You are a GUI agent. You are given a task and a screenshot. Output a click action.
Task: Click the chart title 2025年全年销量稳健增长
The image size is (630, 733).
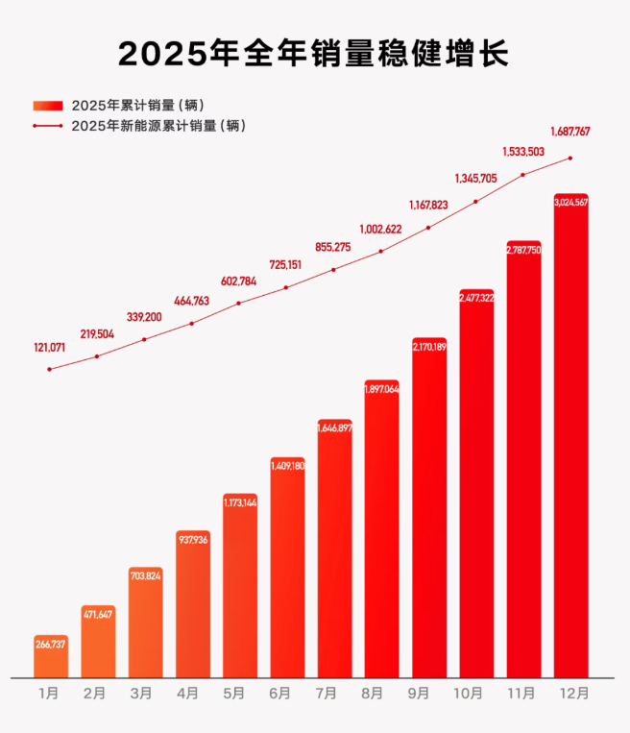pos(313,54)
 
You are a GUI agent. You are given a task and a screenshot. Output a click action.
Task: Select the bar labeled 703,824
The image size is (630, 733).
pos(145,624)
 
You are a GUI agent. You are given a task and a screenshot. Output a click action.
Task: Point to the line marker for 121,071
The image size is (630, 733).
pos(50,369)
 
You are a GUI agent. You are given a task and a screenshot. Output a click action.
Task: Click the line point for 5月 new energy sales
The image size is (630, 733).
pos(239,304)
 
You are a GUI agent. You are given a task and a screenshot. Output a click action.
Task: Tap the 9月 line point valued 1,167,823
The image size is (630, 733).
pos(428,228)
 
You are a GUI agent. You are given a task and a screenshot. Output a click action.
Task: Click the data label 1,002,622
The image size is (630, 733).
pos(381,230)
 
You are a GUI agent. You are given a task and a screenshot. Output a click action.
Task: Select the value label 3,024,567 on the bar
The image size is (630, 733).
pos(570,203)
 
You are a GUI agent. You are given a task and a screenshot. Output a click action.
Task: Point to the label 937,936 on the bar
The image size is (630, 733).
pos(192,540)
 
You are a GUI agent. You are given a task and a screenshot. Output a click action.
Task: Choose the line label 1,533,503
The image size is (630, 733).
pos(523,152)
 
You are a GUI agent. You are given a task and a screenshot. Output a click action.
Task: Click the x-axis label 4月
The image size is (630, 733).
pos(192,694)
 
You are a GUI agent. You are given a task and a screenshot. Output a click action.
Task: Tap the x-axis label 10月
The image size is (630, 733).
pos(476,694)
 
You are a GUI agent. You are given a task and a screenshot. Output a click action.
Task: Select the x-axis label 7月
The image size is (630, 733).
pos(334,694)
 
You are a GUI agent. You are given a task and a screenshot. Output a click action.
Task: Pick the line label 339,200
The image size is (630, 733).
pos(145,317)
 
